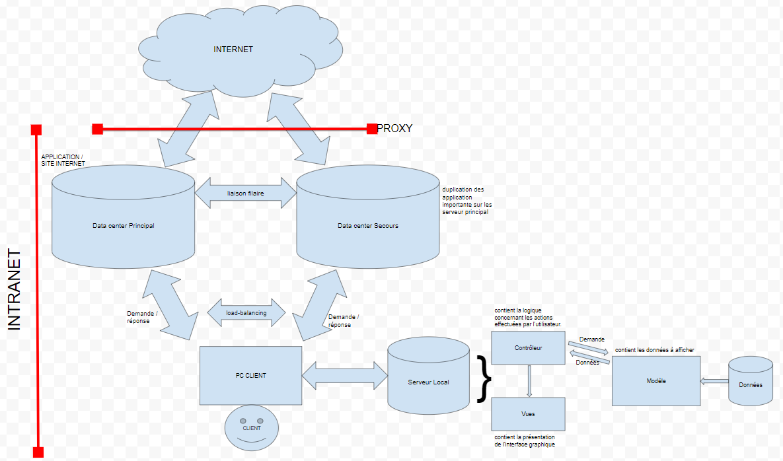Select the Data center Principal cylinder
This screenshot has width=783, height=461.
point(124,225)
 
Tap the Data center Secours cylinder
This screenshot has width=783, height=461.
point(368,225)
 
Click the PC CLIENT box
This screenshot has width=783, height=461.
point(250,375)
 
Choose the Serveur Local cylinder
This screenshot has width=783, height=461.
point(428,382)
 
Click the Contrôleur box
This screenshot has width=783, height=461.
point(528,347)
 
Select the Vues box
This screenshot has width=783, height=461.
point(528,414)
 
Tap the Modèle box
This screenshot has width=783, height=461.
point(655,381)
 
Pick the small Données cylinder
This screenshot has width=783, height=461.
point(750,384)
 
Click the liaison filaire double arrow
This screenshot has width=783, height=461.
point(246,193)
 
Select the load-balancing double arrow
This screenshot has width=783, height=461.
point(246,312)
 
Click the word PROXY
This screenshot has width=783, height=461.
point(394,128)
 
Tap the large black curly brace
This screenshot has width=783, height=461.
point(484,379)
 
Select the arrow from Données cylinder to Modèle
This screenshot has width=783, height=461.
point(714,380)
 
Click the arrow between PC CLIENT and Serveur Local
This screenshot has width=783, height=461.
point(344,375)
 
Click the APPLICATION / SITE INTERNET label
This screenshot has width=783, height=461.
point(63,160)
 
